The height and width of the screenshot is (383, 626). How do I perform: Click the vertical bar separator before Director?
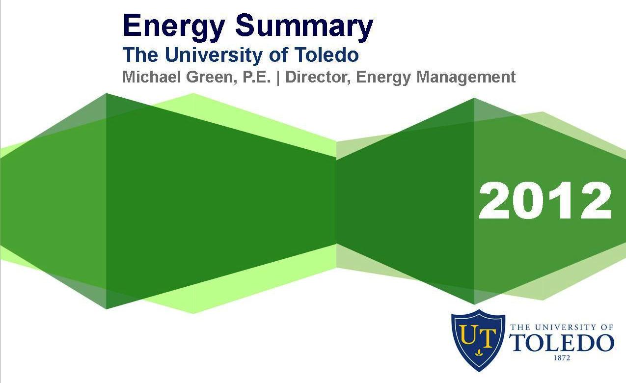(279, 78)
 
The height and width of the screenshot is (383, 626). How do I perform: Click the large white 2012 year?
(545, 201)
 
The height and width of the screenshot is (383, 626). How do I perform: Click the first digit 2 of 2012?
(494, 201)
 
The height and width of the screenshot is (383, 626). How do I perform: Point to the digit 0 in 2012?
(528, 201)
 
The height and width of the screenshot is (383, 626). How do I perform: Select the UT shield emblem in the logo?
(478, 339)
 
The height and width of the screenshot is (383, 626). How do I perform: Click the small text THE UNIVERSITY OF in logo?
(562, 327)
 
